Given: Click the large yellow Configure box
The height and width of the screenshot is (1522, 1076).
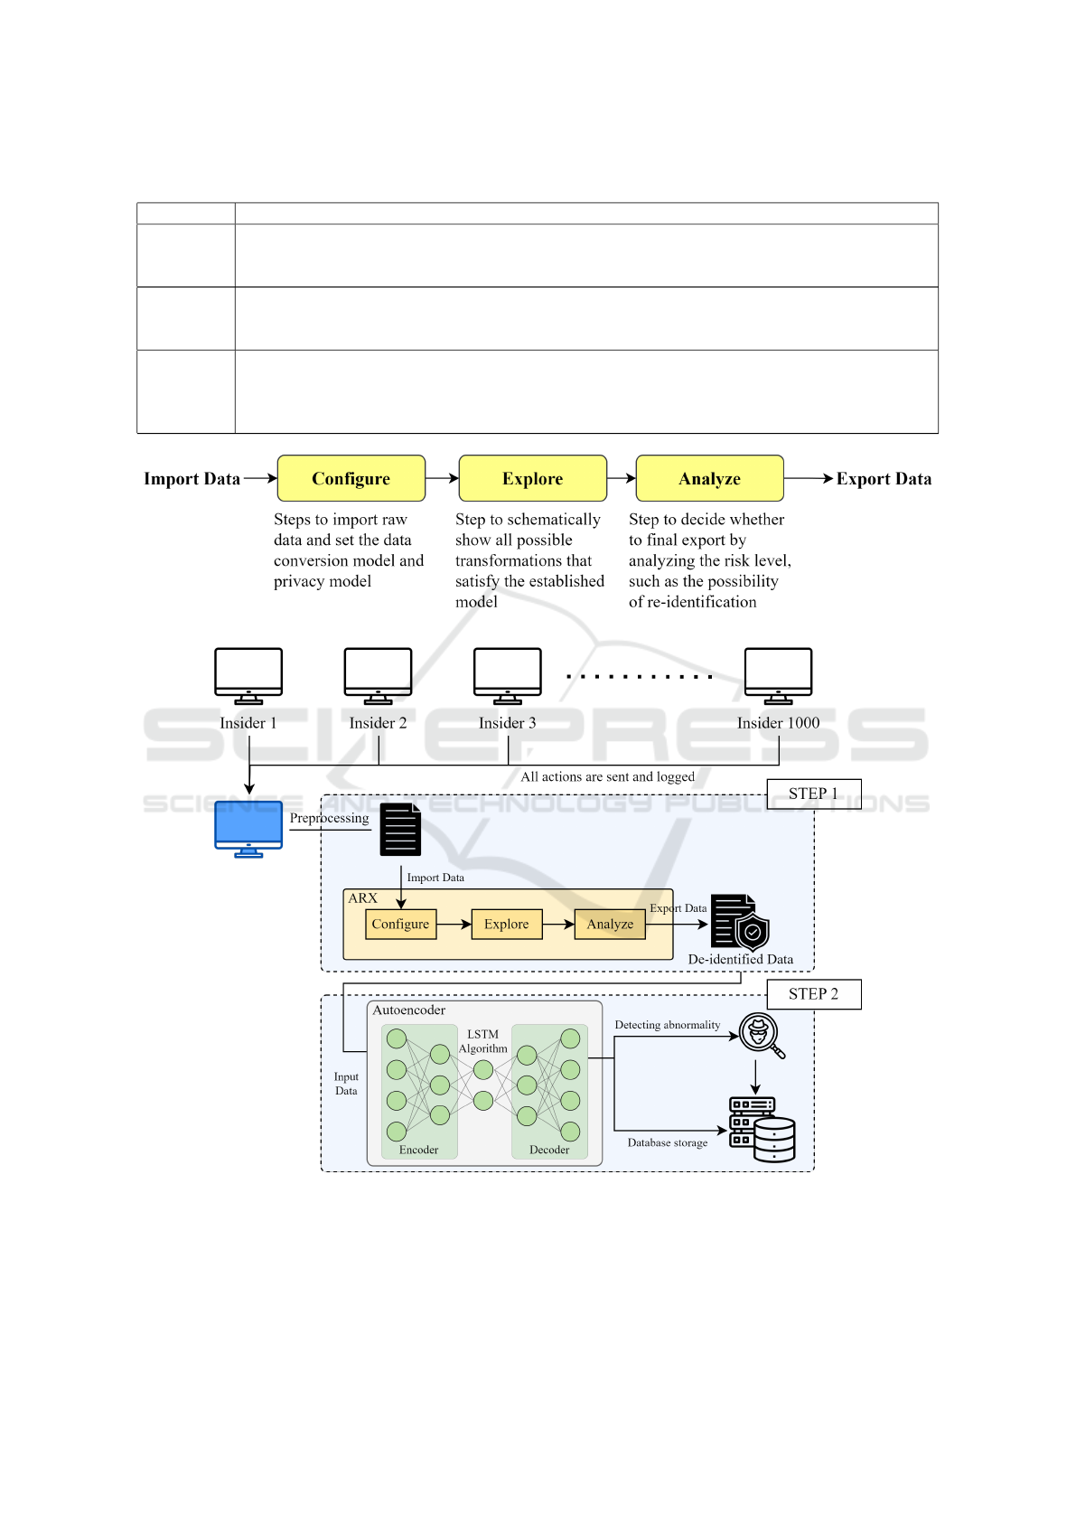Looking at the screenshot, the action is point(351,478).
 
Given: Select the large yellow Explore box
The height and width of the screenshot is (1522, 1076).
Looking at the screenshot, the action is point(532,478).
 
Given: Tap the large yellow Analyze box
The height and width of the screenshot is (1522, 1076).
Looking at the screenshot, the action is point(710,478).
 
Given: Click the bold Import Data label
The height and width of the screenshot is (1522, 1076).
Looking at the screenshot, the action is point(192,479).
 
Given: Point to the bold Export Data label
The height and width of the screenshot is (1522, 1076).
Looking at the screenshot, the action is point(884,479).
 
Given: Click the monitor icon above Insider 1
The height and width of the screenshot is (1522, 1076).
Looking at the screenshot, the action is point(248,676).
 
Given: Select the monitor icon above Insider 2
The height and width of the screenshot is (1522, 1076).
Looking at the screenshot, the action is point(379,676).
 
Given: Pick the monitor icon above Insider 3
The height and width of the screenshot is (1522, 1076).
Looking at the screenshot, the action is point(508,676).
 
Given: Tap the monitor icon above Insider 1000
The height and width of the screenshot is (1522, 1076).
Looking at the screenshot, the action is point(779,676).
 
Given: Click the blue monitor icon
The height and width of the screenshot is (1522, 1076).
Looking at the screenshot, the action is point(248,829).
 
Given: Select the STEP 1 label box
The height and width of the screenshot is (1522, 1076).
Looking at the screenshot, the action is point(814,794).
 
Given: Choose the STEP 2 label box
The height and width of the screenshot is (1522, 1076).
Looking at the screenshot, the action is point(814,994).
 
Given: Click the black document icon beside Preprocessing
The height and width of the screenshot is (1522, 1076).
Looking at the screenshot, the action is point(400,830).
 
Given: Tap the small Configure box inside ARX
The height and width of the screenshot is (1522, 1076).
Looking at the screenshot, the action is point(401,924).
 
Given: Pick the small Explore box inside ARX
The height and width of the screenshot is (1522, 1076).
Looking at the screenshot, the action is point(507,924).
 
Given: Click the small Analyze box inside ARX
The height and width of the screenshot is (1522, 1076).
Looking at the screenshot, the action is point(610,924).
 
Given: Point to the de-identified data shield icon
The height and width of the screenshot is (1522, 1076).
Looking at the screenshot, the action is point(741,922).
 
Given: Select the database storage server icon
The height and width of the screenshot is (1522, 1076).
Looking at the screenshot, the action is point(762,1129).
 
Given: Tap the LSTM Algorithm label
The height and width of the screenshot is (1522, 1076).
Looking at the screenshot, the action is point(483,1041).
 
